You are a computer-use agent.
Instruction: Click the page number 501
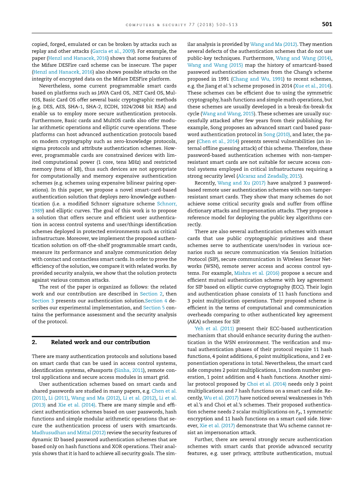pyautogui.click(x=327, y=25)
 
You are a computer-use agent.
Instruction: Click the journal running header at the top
pyautogui.click(x=182, y=25)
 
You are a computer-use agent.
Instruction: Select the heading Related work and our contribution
pyautogui.click(x=100, y=342)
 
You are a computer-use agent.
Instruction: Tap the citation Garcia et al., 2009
pyautogui.click(x=113, y=51)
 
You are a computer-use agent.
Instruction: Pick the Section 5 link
pyautogui.click(x=151, y=308)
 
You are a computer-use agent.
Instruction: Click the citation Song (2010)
pyautogui.click(x=275, y=134)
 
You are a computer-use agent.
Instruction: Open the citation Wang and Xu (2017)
pyautogui.click(x=241, y=183)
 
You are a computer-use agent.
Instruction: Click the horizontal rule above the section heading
pyautogui.click(x=104, y=337)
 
